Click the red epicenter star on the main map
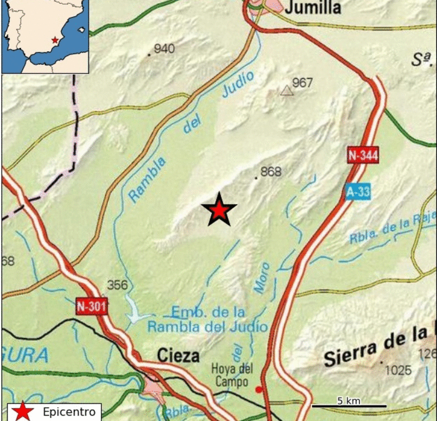[219, 210]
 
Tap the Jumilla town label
[313, 7]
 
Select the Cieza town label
[179, 356]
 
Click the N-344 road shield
[363, 155]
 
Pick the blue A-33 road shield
[358, 192]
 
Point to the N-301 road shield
[92, 306]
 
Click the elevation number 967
[302, 83]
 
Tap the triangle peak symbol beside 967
[287, 91]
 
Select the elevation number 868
[271, 172]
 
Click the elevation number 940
[164, 49]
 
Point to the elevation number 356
[117, 285]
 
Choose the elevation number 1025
[398, 370]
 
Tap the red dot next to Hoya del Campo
[259, 390]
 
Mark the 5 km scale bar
[348, 406]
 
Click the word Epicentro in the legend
[69, 412]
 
